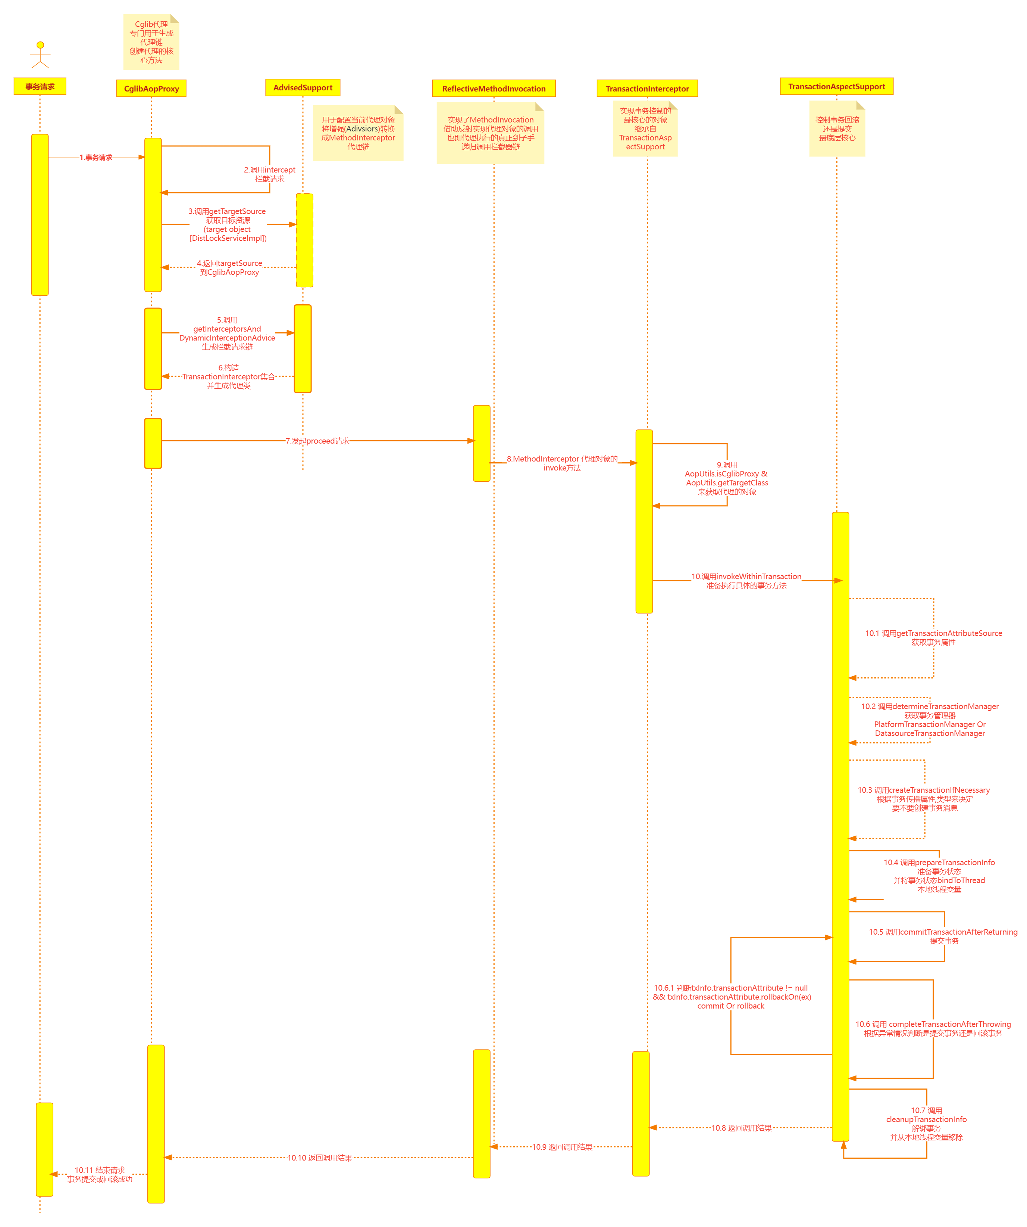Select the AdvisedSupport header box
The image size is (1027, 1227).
click(x=303, y=88)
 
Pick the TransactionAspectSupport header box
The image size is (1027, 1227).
click(x=836, y=87)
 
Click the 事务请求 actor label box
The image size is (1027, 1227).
click(x=40, y=87)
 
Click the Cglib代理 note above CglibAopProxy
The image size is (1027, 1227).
click(x=151, y=42)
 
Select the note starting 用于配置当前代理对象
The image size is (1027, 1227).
click(x=358, y=133)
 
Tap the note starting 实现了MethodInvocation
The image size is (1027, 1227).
click(x=491, y=133)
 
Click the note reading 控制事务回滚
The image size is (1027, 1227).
click(x=837, y=128)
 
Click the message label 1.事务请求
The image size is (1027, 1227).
click(x=96, y=157)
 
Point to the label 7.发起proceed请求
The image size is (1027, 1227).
click(x=317, y=441)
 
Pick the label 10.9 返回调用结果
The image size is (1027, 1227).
click(x=562, y=1147)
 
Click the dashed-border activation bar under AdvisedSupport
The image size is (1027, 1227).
click(x=304, y=240)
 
